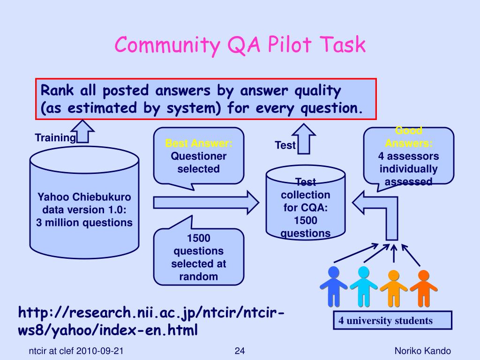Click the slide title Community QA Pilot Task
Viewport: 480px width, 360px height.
tap(240, 45)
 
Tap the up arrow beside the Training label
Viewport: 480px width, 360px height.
tap(85, 131)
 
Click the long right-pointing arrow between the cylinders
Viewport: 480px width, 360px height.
tap(206, 202)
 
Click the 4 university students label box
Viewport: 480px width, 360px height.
tap(392, 321)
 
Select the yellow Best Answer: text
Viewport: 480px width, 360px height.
tap(199, 143)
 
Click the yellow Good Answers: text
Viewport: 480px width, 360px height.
tap(409, 137)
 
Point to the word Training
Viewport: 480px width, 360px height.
tap(55, 138)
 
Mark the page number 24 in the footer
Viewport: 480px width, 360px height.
tap(240, 351)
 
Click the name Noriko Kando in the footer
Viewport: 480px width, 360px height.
tap(422, 351)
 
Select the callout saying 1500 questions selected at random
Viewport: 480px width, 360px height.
tap(199, 257)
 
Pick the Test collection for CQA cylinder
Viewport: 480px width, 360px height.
tap(306, 206)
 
